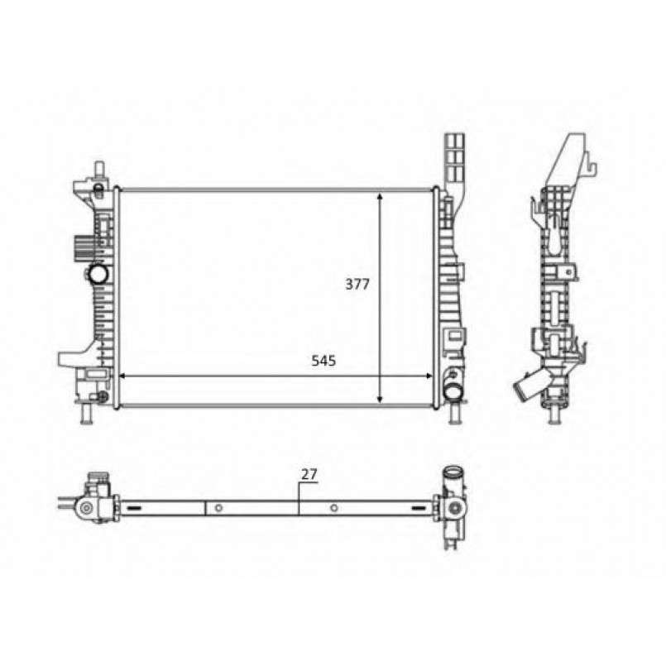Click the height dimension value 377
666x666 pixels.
pyautogui.click(x=357, y=284)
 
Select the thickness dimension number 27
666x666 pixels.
pyautogui.click(x=309, y=474)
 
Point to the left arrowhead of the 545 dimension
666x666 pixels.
pyautogui.click(x=124, y=376)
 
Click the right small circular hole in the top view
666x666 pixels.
pyautogui.click(x=333, y=507)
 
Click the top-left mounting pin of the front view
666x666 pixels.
pyautogui.click(x=98, y=170)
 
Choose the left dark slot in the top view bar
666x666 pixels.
pyautogui.click(x=149, y=507)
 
